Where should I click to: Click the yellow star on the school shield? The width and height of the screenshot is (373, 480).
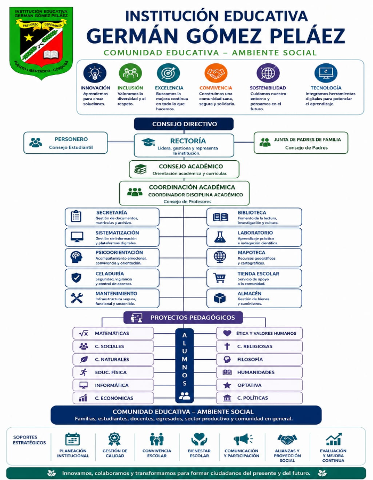click(x=29, y=37)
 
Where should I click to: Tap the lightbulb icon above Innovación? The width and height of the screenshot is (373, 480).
click(x=95, y=73)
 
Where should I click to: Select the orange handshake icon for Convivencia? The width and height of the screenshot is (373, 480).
click(x=215, y=73)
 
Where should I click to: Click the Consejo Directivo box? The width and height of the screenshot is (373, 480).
click(x=184, y=124)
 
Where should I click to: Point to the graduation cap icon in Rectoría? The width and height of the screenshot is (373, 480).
click(x=148, y=142)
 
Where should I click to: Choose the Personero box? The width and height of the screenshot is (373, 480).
click(x=65, y=143)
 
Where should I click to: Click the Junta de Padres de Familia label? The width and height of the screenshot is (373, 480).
click(x=307, y=139)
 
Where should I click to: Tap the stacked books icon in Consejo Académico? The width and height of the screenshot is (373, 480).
click(x=140, y=169)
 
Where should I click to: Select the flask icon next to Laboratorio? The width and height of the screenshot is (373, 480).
click(x=220, y=237)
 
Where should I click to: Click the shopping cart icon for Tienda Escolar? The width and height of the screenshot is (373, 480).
click(x=219, y=278)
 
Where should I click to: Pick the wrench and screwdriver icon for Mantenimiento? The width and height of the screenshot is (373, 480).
click(x=77, y=298)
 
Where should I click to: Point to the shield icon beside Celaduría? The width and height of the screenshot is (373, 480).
click(x=76, y=278)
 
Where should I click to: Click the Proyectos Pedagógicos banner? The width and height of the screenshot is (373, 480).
click(x=183, y=318)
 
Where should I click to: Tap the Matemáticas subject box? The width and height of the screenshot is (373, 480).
click(x=113, y=333)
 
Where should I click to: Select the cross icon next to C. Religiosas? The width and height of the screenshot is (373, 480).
click(x=227, y=346)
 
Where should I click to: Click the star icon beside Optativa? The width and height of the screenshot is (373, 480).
click(x=227, y=385)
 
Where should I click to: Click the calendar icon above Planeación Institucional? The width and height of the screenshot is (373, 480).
click(x=72, y=439)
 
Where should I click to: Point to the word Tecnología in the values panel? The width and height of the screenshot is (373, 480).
click(x=326, y=88)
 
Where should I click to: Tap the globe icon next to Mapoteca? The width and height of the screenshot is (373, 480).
click(x=220, y=257)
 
